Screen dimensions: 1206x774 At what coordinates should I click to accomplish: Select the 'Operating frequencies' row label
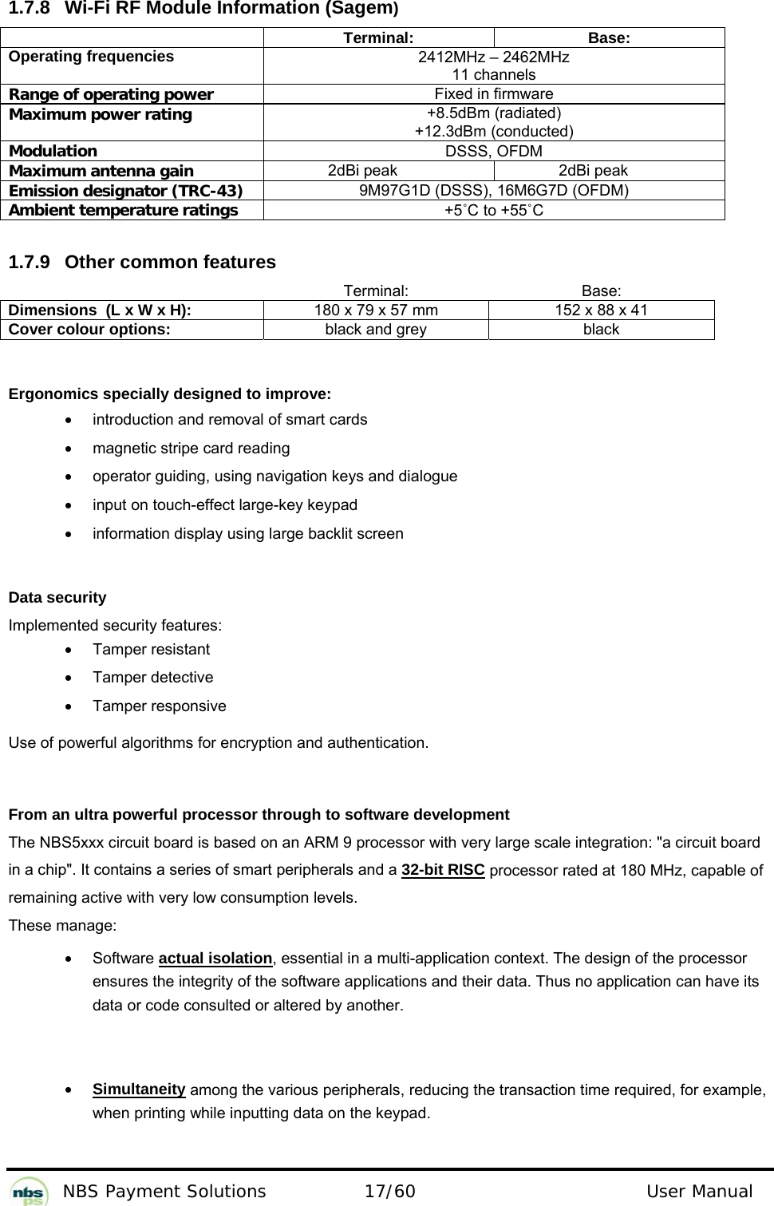pyautogui.click(x=91, y=57)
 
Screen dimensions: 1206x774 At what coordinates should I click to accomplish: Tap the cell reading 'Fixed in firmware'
pyautogui.click(x=493, y=94)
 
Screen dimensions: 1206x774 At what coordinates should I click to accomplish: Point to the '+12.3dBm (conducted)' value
pyautogui.click(x=493, y=131)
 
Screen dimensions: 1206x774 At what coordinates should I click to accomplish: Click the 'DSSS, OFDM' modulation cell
pyautogui.click(x=493, y=151)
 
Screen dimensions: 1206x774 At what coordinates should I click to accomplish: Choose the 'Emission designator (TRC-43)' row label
pyautogui.click(x=126, y=191)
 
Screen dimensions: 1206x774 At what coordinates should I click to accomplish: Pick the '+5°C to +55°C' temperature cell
pyautogui.click(x=493, y=211)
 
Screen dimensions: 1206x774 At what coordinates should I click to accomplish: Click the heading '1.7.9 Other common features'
pyautogui.click(x=142, y=262)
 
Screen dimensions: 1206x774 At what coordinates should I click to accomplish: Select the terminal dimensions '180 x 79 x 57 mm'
pyautogui.click(x=375, y=310)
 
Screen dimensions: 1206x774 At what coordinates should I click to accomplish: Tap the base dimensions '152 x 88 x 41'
pyautogui.click(x=601, y=310)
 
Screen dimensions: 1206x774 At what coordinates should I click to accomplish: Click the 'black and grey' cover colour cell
pyautogui.click(x=375, y=330)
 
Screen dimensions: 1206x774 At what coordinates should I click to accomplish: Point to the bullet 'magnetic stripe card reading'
pyautogui.click(x=191, y=448)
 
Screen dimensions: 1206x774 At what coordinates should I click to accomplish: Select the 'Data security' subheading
pyautogui.click(x=57, y=598)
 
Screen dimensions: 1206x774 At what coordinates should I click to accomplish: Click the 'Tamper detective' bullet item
pyautogui.click(x=152, y=678)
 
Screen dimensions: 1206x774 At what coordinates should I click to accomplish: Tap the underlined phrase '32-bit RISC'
pyautogui.click(x=443, y=869)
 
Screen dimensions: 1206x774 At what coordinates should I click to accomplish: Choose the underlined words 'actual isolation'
pyautogui.click(x=215, y=958)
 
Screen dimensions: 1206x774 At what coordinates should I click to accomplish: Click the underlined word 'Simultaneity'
pyautogui.click(x=139, y=1089)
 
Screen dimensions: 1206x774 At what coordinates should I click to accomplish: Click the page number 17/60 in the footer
pyautogui.click(x=389, y=1192)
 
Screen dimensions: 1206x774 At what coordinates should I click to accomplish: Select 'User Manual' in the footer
pyautogui.click(x=699, y=1192)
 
